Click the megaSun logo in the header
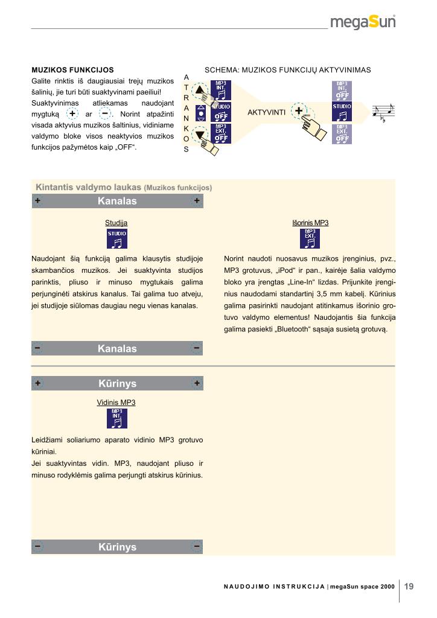[363, 22]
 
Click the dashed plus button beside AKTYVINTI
[299, 111]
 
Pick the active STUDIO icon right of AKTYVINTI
[342, 113]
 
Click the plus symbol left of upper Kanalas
[38, 201]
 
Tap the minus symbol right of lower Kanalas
[197, 348]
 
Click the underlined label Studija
[116, 223]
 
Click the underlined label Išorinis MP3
[310, 223]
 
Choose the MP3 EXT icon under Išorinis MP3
[310, 239]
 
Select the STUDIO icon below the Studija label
[117, 239]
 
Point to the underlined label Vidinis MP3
[116, 402]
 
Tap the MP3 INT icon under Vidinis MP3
[116, 418]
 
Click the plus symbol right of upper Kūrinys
[197, 383]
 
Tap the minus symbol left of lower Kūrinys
[38, 547]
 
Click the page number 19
[409, 585]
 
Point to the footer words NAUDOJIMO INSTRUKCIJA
[270, 587]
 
